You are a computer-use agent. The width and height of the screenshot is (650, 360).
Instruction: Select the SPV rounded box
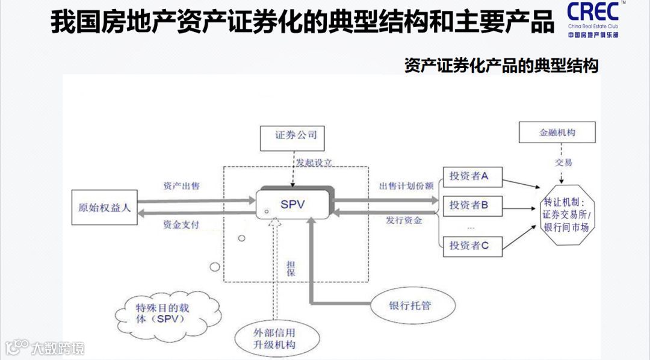(293, 205)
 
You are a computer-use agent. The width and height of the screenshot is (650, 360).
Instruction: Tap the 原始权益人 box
(105, 208)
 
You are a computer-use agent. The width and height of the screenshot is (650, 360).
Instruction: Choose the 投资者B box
(472, 205)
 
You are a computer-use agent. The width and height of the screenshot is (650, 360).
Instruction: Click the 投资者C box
(472, 245)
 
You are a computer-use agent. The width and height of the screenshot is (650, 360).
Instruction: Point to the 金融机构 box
(557, 132)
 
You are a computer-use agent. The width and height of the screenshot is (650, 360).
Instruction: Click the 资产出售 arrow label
(181, 186)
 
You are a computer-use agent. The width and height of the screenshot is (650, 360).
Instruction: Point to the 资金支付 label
(181, 225)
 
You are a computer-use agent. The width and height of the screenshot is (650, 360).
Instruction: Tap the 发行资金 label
(404, 220)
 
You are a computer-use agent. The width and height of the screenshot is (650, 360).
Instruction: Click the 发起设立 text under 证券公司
(314, 163)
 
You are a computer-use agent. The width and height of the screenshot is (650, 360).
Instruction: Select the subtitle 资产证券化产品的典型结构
(501, 66)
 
